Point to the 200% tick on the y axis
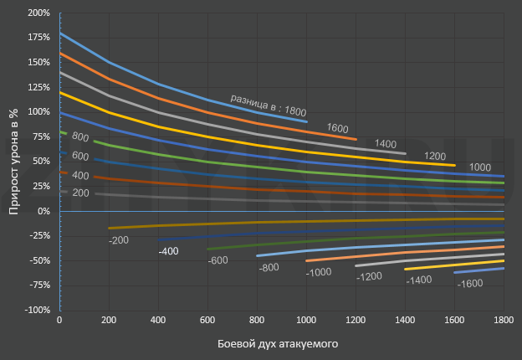coord(38,13)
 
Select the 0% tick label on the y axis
coord(43,211)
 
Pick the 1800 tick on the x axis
coord(504,321)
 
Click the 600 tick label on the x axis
coord(207,321)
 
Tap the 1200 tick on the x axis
coord(356,321)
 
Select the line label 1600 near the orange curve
coord(338,128)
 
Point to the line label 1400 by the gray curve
coord(386,143)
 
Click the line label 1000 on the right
coord(480,167)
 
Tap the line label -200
coord(120,240)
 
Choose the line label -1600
coord(470,284)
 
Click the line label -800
coord(268,267)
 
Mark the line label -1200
coord(368,275)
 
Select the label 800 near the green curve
coord(80,136)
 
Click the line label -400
coord(168,251)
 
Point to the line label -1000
coord(319,272)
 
